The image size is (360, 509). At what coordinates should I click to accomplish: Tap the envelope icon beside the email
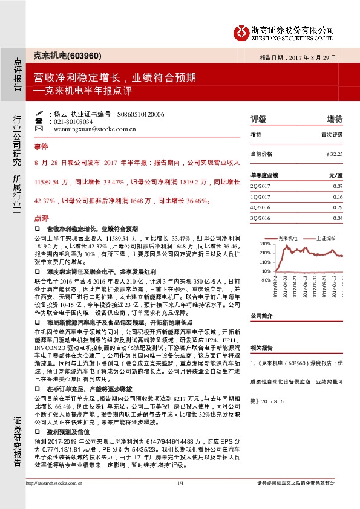click(x=39, y=129)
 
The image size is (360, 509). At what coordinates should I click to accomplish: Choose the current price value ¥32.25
click(x=334, y=154)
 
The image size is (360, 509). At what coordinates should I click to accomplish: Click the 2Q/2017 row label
click(x=261, y=186)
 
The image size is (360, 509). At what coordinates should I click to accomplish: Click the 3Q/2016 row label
click(x=261, y=218)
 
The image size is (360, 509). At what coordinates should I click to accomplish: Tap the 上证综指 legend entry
click(x=327, y=238)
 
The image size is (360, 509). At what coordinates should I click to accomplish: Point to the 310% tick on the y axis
click(x=266, y=243)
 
